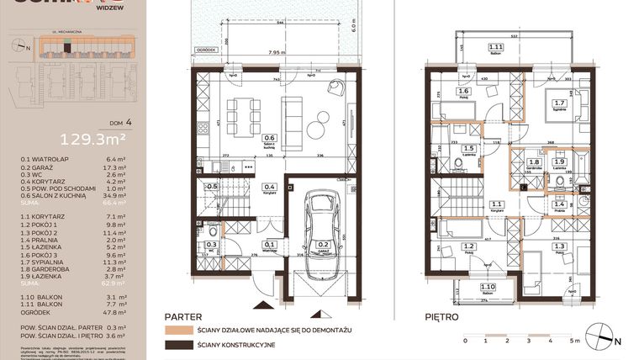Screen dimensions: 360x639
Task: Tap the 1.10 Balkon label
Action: click(487, 289)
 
